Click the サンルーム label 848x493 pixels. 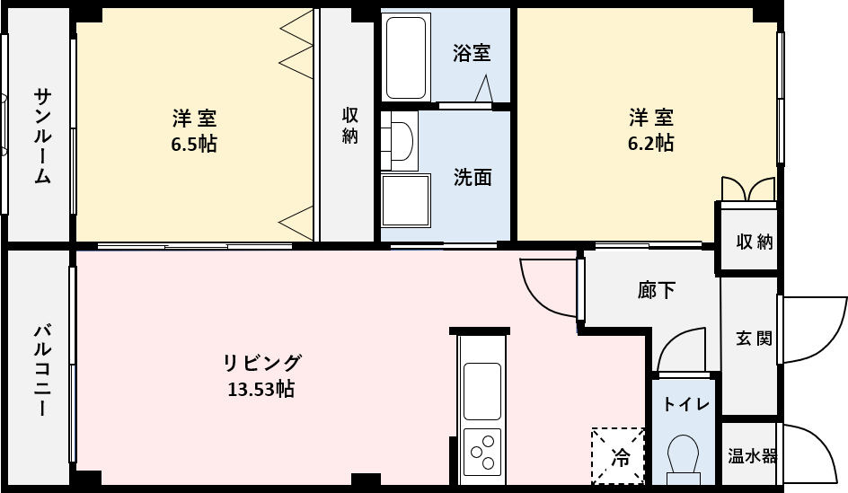click(42, 136)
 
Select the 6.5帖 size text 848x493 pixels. click(194, 145)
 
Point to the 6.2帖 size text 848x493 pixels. click(650, 144)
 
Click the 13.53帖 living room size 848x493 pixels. click(261, 389)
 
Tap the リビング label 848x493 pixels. click(262, 363)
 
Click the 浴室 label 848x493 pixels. click(472, 53)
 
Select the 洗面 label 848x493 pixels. click(473, 177)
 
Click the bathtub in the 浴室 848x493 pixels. click(406, 57)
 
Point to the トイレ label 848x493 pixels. click(685, 404)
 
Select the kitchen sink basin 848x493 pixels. click(481, 391)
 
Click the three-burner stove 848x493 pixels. click(481, 452)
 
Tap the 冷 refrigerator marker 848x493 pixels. click(618, 456)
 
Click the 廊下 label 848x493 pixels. click(656, 290)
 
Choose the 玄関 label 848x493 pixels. click(754, 339)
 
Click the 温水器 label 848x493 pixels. click(752, 455)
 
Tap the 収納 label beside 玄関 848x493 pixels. click(754, 242)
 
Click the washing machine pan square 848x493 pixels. click(406, 200)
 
